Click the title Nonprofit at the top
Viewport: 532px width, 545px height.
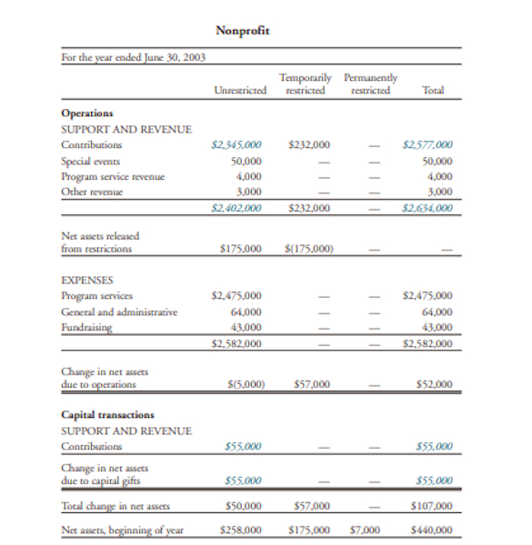tap(243, 32)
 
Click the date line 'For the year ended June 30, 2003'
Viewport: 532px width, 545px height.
tap(133, 59)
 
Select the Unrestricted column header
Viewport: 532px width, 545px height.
tap(240, 91)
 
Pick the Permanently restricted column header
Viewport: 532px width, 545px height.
tap(370, 85)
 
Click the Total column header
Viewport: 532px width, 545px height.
tap(434, 91)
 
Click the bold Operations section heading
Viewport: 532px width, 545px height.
tap(86, 114)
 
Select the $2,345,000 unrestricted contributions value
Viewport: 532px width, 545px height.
tap(236, 144)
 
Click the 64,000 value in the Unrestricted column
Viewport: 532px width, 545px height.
tap(246, 312)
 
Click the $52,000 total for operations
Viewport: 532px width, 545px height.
tap(434, 384)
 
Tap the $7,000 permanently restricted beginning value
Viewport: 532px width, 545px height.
tap(365, 529)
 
